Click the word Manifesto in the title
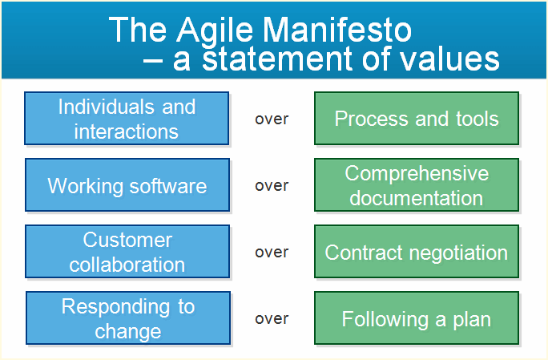(337, 30)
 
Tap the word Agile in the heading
(214, 31)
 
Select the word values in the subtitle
(449, 59)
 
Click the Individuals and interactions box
(127, 118)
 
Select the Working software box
(127, 184)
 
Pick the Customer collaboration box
(127, 251)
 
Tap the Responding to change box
(128, 318)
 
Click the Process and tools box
(417, 118)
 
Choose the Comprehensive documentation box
(417, 184)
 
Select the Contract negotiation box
(417, 251)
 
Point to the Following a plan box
(417, 318)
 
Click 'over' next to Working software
(272, 186)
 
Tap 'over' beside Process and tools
(272, 119)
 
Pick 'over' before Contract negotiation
(272, 253)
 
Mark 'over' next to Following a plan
(272, 319)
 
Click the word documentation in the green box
(417, 198)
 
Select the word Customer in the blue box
(127, 240)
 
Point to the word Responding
(115, 308)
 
